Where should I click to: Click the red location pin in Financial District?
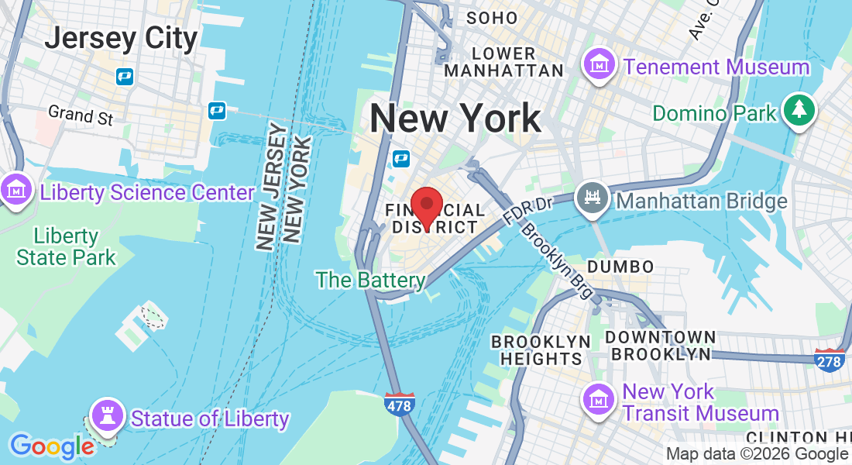click(426, 205)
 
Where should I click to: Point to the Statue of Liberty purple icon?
click(108, 415)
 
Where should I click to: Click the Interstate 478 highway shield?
click(400, 404)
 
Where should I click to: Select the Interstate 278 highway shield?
click(830, 360)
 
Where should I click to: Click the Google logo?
click(52, 446)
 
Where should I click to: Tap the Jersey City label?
click(121, 36)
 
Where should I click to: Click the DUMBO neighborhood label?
click(620, 266)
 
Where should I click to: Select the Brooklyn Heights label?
click(541, 350)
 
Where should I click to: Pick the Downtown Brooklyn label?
click(660, 346)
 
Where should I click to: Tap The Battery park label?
click(370, 279)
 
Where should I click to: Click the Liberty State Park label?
click(66, 246)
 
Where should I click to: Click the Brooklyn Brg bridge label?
click(557, 261)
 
